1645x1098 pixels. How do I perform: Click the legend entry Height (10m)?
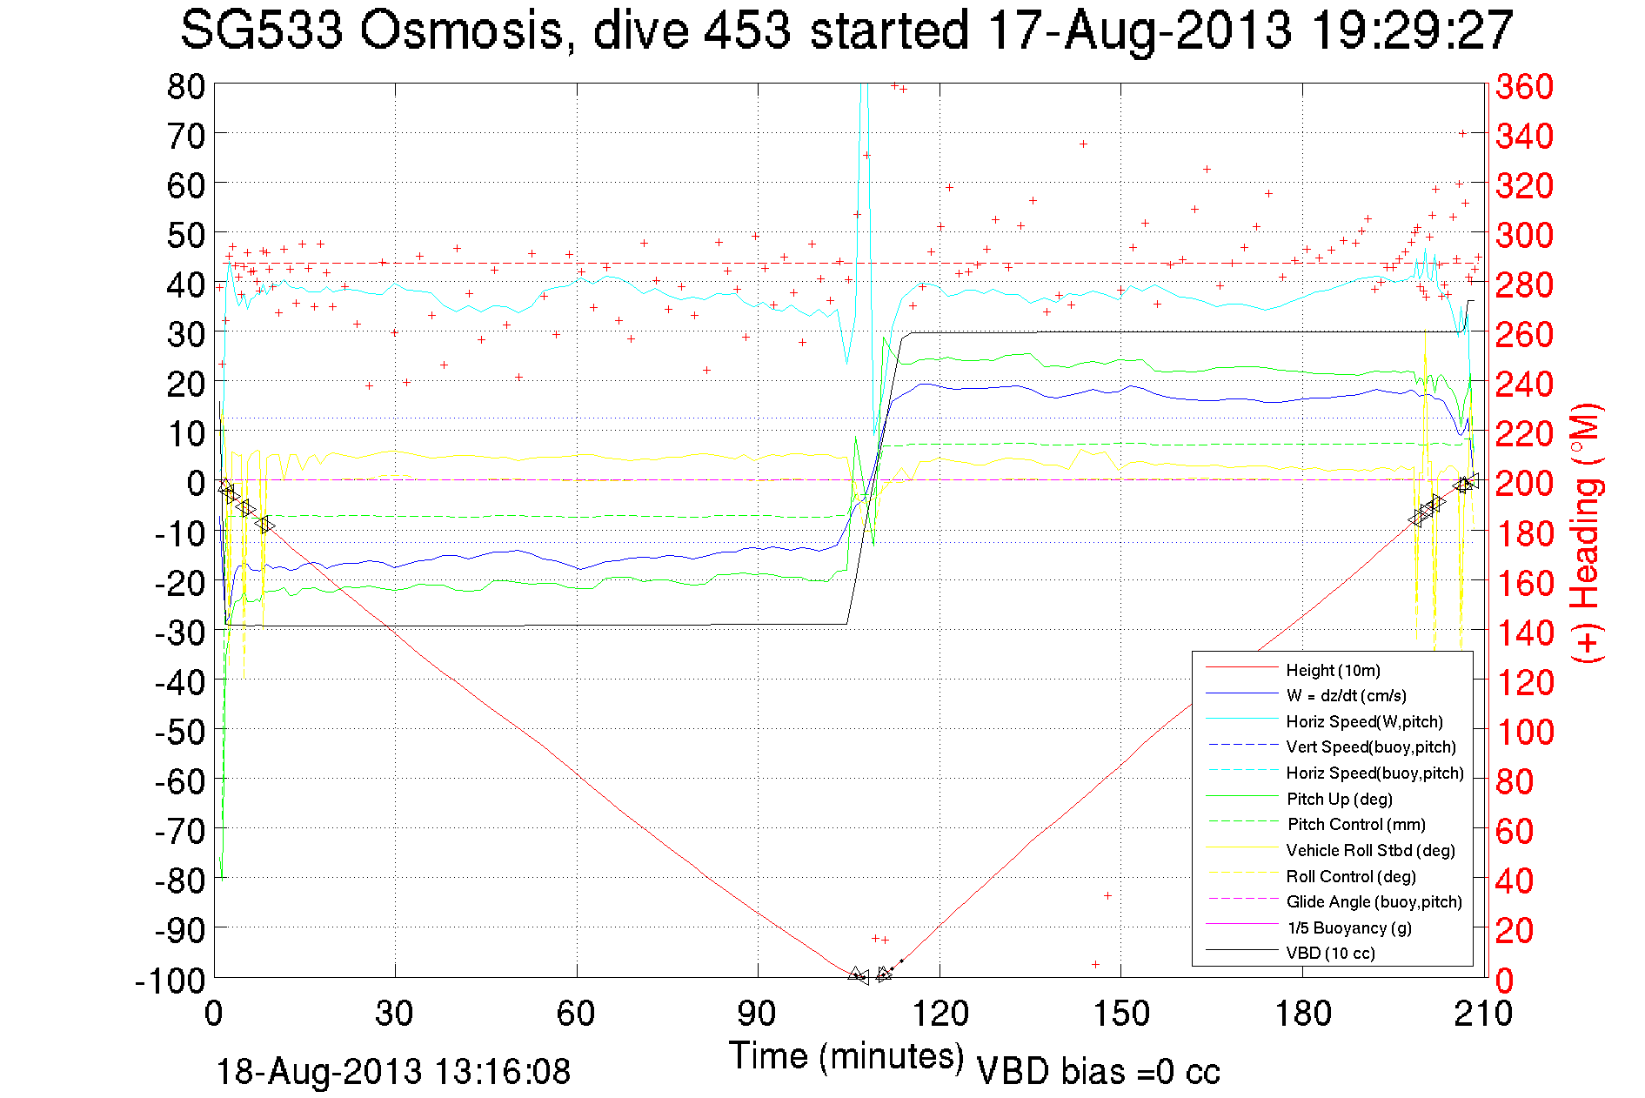(1333, 670)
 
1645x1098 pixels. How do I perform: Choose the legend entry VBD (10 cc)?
(1330, 953)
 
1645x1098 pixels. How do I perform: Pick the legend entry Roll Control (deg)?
(1351, 876)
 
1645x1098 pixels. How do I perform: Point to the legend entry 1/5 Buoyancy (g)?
(1349, 927)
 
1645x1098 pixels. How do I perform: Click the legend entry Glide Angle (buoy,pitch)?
(1374, 901)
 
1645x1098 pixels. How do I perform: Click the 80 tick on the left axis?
(185, 86)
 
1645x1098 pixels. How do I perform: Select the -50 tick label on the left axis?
(180, 732)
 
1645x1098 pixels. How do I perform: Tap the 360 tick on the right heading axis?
(1524, 86)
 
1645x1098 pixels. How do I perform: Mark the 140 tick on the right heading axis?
(1524, 633)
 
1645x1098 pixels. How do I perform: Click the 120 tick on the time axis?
(940, 1014)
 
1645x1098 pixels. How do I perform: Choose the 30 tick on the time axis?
(395, 1014)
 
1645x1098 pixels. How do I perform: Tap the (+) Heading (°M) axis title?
(1587, 532)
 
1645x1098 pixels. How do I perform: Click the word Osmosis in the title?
(461, 31)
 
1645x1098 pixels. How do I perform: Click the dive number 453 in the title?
(747, 31)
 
